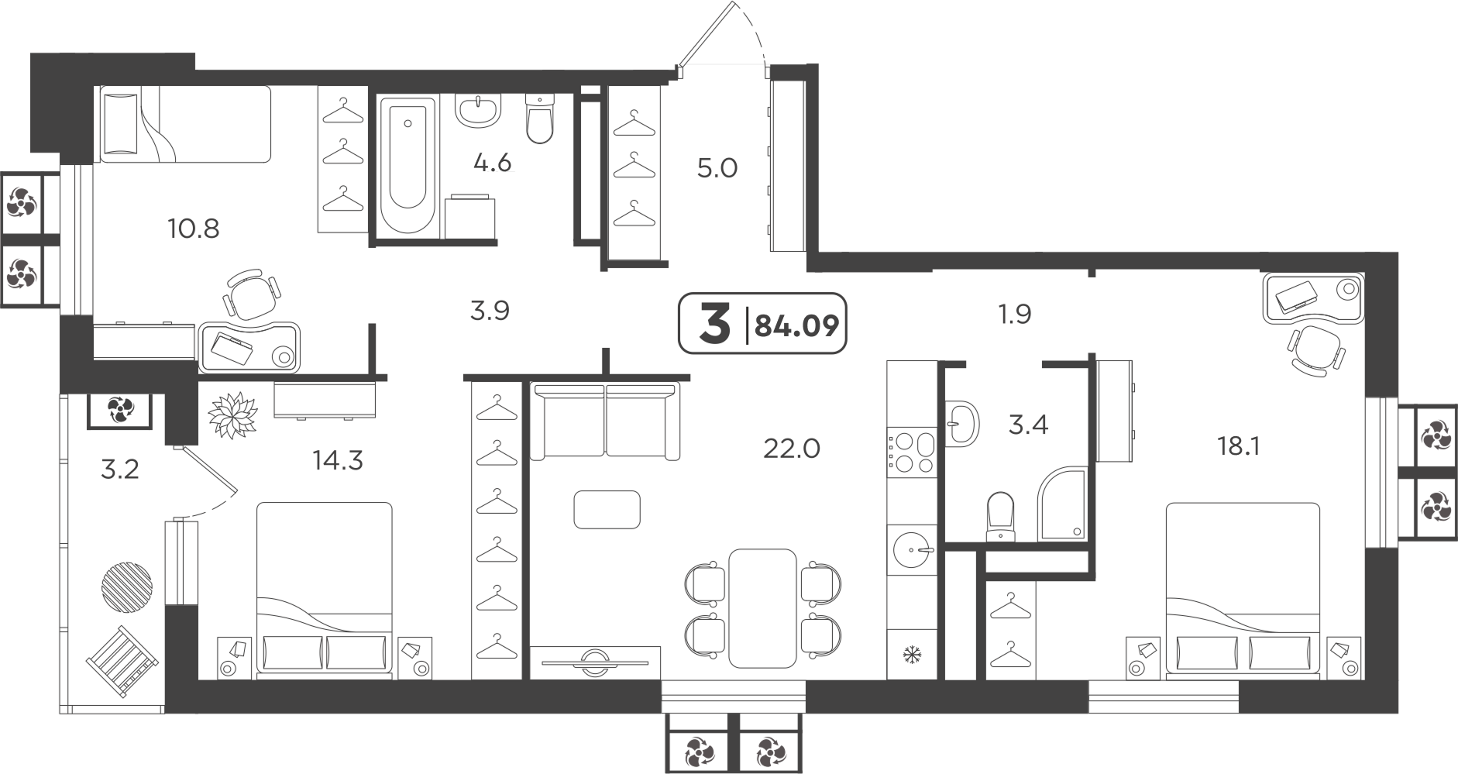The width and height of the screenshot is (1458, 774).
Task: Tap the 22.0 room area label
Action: tap(791, 448)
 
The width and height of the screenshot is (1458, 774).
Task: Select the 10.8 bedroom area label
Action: tap(193, 229)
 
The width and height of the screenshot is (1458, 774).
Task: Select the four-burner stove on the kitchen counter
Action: tap(912, 451)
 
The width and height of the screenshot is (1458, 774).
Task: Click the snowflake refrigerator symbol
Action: tap(912, 655)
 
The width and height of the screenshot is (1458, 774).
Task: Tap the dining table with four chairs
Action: tap(763, 607)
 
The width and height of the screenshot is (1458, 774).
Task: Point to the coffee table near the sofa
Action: tap(607, 510)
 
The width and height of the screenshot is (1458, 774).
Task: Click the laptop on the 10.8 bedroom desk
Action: tap(232, 348)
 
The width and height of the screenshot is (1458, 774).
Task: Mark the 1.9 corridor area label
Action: tap(1014, 315)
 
